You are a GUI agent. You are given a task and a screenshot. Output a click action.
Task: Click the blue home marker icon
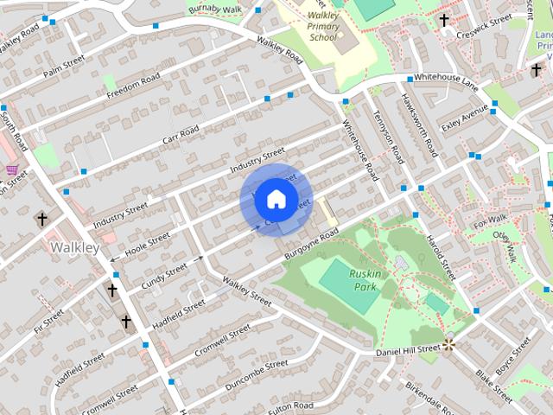pyautogui.click(x=275, y=199)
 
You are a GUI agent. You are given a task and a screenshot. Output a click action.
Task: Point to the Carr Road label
pyautogui.click(x=180, y=135)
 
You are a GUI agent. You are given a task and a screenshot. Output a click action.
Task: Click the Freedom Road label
pyautogui.click(x=133, y=86)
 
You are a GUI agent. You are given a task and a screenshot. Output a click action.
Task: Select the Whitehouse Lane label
pyautogui.click(x=445, y=78)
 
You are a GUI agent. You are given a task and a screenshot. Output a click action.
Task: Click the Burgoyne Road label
pyautogui.click(x=307, y=246)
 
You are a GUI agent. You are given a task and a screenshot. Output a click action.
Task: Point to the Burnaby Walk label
pyautogui.click(x=213, y=10)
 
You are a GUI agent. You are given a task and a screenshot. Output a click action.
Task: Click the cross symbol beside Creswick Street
pyautogui.click(x=444, y=20)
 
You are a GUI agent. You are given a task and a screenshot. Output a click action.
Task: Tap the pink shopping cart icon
pyautogui.click(x=12, y=169)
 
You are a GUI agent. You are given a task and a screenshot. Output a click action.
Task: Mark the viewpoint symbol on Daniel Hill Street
pyautogui.click(x=449, y=345)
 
